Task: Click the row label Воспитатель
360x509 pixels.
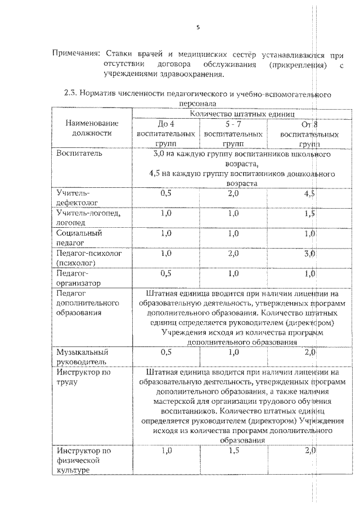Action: [x=79, y=154]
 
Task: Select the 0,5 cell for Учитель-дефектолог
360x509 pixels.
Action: [x=166, y=193]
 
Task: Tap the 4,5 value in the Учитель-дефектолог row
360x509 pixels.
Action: [x=309, y=193]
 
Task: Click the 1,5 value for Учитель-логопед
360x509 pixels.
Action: [x=309, y=213]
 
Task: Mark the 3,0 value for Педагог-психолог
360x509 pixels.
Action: [x=309, y=254]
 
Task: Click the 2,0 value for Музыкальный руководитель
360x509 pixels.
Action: [x=309, y=352]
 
